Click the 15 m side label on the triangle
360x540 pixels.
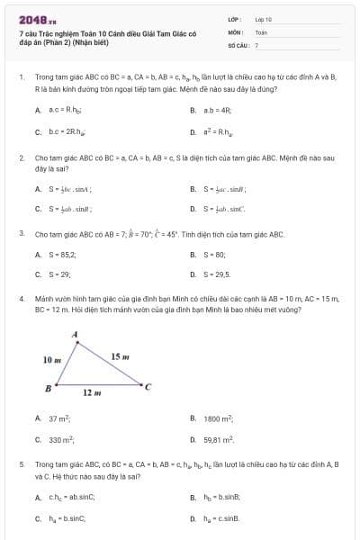click(x=120, y=357)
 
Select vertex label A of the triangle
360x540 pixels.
click(x=75, y=335)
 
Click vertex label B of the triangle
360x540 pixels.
click(x=48, y=388)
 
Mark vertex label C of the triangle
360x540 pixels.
click(x=148, y=388)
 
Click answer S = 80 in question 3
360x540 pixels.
click(x=215, y=255)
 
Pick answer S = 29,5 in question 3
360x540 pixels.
click(x=218, y=274)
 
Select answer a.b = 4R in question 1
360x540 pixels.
click(x=216, y=110)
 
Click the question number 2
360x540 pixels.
click(x=21, y=157)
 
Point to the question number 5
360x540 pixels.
click(x=21, y=463)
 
